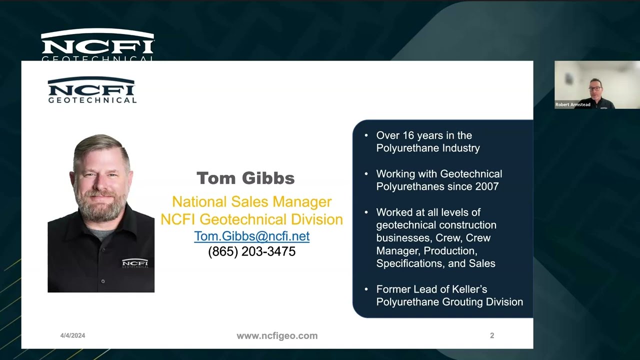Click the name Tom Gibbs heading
pos(245,178)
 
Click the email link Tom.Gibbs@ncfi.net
pos(251,236)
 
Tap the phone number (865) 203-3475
pos(251,251)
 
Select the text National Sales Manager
pos(251,201)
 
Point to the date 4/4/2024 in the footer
pos(72,335)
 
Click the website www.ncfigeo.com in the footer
pos(277,336)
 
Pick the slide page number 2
pos(492,335)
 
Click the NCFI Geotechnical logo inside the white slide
pos(92,90)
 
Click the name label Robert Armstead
pos(573,104)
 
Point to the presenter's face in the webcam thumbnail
pos(595,87)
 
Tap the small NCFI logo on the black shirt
pos(135,263)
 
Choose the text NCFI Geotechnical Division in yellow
pos(251,219)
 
